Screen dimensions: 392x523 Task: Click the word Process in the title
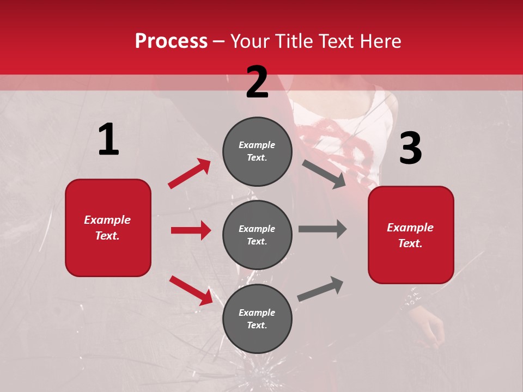coord(171,41)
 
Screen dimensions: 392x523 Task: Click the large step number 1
coord(108,140)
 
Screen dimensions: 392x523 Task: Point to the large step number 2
coord(257,82)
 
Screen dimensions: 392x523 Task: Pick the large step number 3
coord(410,148)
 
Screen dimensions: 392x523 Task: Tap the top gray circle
coord(257,151)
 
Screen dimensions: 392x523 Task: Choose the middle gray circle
coord(257,235)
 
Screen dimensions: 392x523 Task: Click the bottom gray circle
coord(257,318)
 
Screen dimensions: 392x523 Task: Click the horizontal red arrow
coord(191,230)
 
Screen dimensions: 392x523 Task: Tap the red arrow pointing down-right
coord(191,290)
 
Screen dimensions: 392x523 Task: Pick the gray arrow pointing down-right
coord(324,174)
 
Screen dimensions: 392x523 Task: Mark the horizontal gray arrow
coord(323,229)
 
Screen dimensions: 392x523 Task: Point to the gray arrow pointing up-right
coord(320,289)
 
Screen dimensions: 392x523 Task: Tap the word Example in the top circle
coord(257,145)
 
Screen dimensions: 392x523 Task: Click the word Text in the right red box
coord(410,243)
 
